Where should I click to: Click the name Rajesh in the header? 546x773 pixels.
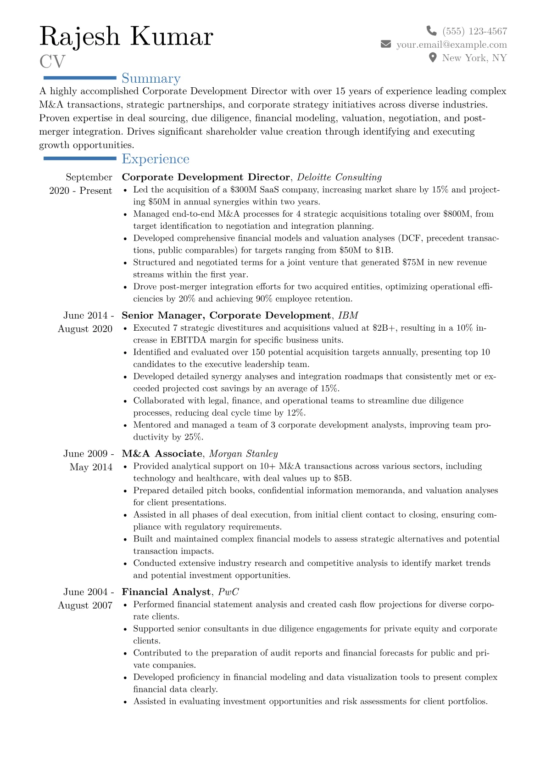point(79,37)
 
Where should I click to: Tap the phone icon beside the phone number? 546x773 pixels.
point(431,31)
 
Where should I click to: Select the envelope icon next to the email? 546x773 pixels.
point(386,44)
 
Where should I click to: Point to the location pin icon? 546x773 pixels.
point(432,58)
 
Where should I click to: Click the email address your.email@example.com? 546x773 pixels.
point(451,45)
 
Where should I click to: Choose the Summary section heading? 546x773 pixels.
point(151,79)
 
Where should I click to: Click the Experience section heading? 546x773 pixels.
point(156,159)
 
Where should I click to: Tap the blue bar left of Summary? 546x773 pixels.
point(79,78)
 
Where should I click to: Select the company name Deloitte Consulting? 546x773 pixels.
point(339,177)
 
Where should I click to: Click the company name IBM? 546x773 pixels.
point(348,316)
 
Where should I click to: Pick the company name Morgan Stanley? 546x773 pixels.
point(243,454)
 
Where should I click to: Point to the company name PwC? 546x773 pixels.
point(228,592)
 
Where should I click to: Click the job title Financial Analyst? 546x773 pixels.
point(166,592)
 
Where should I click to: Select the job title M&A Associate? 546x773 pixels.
point(162,454)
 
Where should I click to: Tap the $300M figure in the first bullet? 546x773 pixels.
point(243,190)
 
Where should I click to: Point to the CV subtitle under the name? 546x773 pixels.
point(52,62)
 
